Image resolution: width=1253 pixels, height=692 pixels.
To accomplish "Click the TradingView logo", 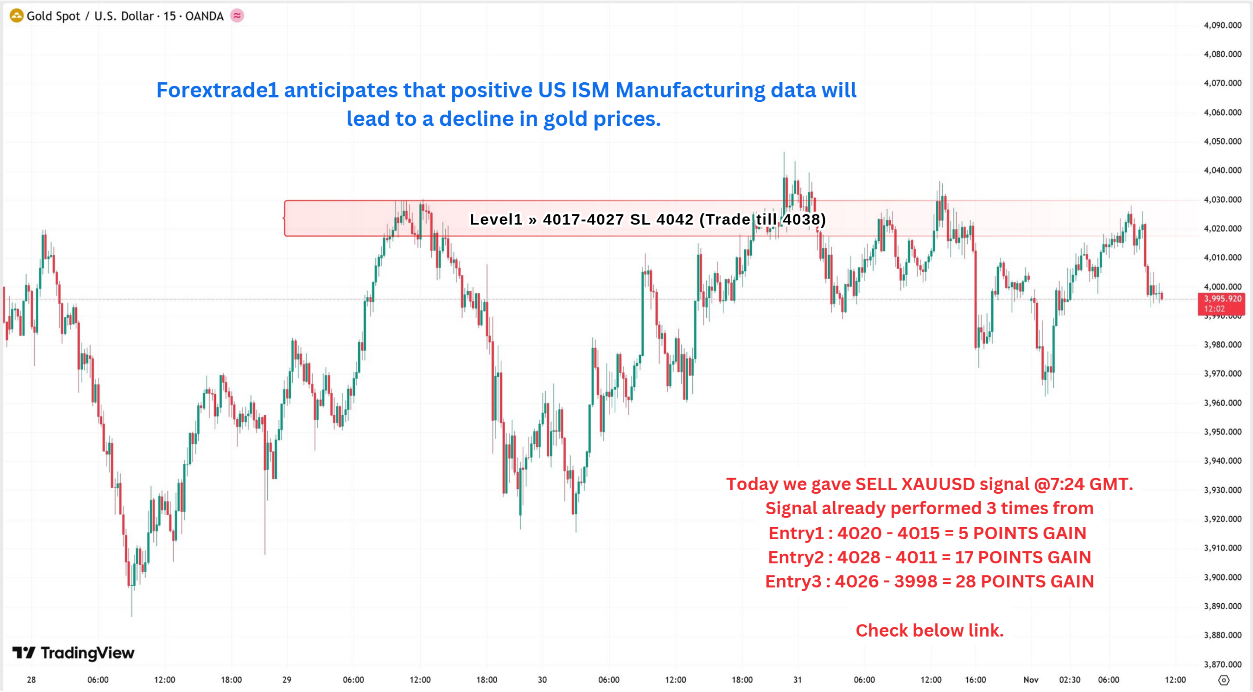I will coord(73,653).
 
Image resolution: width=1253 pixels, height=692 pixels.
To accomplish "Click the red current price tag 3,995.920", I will coord(1222,303).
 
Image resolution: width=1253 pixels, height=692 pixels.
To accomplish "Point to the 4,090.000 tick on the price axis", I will coord(1222,25).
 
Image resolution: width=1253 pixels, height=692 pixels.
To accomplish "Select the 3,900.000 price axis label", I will coord(1222,577).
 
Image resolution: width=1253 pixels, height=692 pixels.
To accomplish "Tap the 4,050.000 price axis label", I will coord(1222,142).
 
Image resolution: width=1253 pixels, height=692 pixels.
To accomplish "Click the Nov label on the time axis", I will coord(1030,680).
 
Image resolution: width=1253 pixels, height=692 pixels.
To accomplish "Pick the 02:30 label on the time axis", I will coord(1069,680).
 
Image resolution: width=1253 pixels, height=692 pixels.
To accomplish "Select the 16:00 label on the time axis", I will coord(975,680).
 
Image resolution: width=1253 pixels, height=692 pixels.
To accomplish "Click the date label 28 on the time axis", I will coord(31,680).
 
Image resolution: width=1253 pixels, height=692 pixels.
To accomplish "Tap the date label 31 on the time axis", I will coord(797,680).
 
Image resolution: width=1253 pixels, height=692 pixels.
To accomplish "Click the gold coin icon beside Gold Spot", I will coord(16,16).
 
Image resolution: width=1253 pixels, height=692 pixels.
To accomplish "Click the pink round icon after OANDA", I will coord(237,16).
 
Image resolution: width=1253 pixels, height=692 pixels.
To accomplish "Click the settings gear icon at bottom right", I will coord(1223,680).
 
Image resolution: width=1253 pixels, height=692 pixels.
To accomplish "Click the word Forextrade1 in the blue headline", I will coord(217,90).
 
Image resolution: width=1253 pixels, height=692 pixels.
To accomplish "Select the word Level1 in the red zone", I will coord(496,219).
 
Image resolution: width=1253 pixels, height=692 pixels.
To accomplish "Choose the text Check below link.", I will coord(929,631).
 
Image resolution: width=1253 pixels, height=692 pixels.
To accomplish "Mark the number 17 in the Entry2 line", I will coord(963,557).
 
